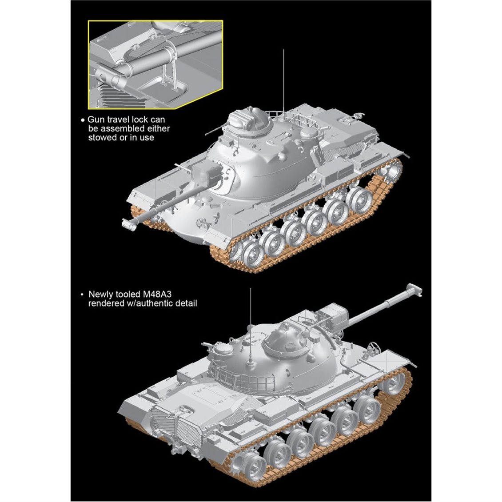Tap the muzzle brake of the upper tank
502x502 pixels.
[x=129, y=224]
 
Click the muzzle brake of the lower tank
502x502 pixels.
[x=415, y=289]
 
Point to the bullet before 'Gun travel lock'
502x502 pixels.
[x=83, y=120]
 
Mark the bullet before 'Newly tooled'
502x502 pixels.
[x=82, y=295]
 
